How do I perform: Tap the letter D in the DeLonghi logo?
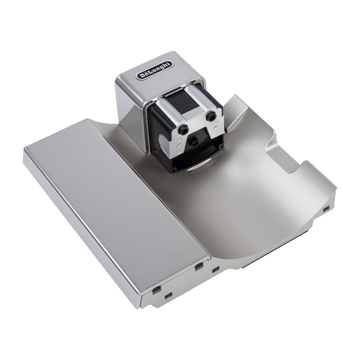[x=141, y=76]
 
